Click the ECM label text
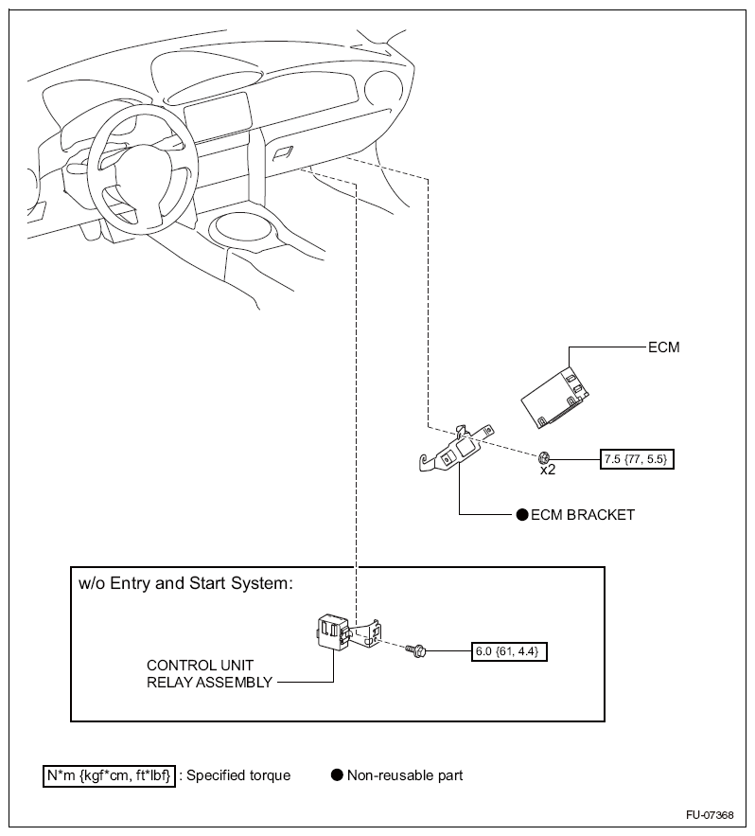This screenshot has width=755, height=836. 664,347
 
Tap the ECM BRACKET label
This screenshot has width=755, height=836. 583,515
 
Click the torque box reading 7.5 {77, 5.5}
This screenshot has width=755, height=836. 640,460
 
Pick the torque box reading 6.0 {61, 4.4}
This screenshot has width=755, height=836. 510,651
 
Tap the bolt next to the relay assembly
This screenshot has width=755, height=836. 415,650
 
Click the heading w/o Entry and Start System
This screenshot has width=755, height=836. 185,583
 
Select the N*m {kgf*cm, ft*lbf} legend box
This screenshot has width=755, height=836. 108,775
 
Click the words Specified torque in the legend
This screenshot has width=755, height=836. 238,775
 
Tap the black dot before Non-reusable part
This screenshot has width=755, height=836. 336,775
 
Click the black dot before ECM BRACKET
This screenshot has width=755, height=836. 520,515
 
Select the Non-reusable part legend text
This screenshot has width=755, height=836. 405,775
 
